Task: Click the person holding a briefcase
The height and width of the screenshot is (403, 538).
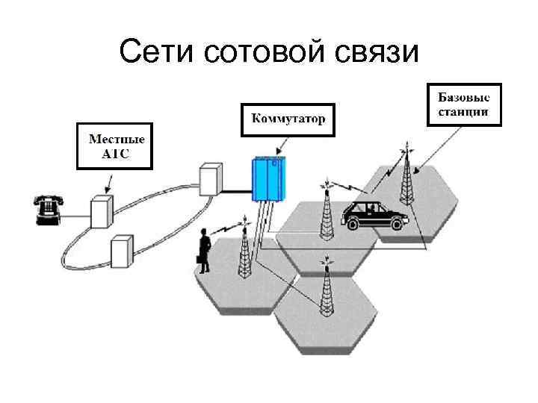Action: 202,250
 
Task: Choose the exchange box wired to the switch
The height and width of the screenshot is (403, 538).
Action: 211,179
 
